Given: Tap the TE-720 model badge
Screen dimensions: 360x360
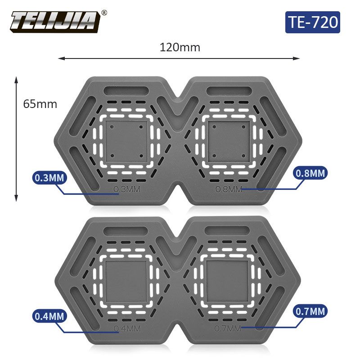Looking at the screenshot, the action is (x=312, y=22).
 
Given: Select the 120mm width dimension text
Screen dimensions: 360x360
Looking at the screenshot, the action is (x=180, y=48).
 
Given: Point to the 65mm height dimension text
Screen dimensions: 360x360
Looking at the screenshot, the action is (x=40, y=104).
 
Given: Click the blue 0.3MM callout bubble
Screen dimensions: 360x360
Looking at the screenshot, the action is (x=49, y=178).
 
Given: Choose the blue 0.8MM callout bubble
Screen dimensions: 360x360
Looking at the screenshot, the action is (x=310, y=173).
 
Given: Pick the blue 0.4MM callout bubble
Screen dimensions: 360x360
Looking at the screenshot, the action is (x=49, y=316).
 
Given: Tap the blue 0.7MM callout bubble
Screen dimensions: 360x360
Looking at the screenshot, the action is (x=310, y=311).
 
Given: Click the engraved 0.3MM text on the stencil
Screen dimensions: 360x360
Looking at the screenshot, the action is (x=127, y=189).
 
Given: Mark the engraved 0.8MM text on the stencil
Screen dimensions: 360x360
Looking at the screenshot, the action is (x=229, y=189).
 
